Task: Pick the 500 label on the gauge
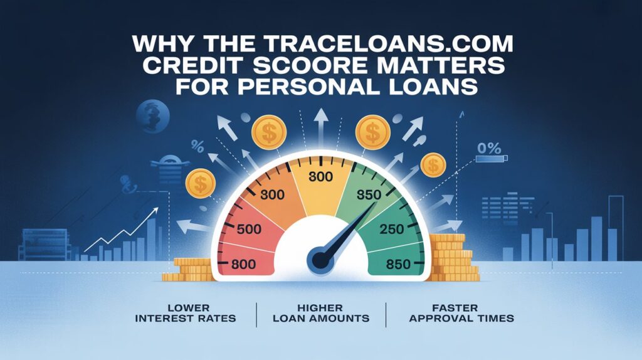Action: point(249,229)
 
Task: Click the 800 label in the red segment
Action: point(244,264)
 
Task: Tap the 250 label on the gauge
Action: point(392,230)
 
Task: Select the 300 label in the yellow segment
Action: point(320,177)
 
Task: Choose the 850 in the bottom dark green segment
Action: point(397,264)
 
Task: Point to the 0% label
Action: point(489,148)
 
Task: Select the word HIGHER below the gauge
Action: point(320,307)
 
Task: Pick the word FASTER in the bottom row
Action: point(461,307)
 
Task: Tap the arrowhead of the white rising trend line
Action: point(155,211)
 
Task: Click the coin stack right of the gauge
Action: point(453,257)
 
